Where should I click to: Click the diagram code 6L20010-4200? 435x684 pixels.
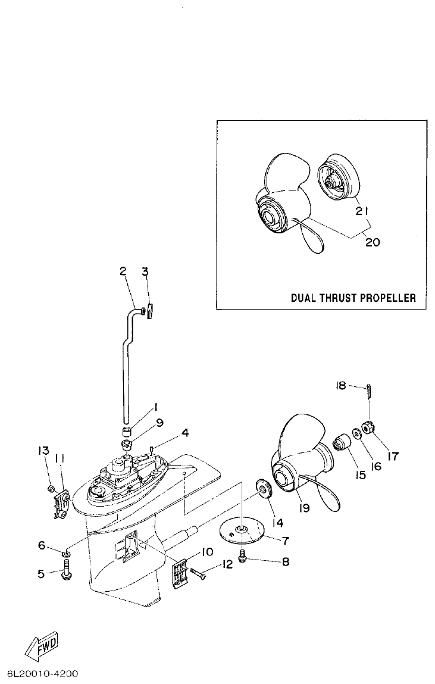coord(42,674)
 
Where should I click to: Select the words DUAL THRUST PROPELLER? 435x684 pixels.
coord(353,298)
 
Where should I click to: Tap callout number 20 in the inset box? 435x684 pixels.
coord(372,242)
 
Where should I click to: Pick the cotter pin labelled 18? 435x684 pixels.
coord(370,393)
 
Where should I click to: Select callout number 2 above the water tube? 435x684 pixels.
coord(123,271)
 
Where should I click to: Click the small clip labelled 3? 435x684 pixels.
coord(149,310)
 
